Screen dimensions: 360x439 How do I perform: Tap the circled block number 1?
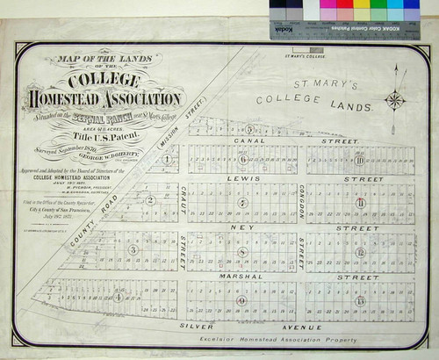tap(167, 160)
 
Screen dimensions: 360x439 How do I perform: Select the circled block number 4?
tap(119, 297)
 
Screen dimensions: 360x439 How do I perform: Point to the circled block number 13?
tap(360, 300)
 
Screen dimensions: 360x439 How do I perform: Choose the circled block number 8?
tap(243, 252)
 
